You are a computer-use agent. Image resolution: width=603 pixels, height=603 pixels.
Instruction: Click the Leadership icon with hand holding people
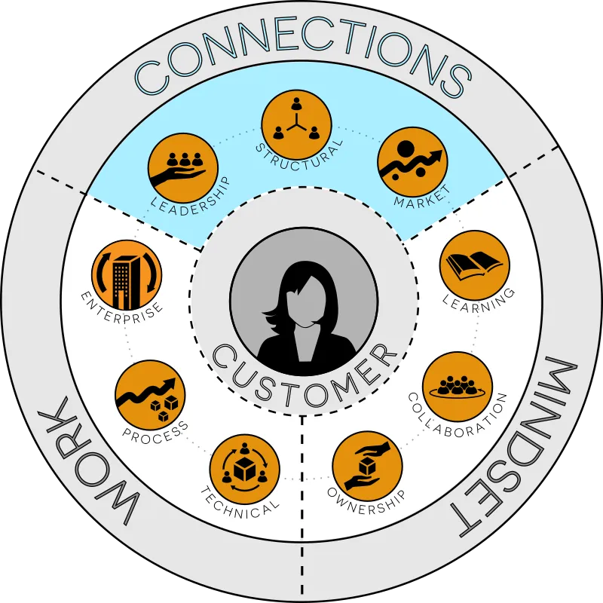click(183, 169)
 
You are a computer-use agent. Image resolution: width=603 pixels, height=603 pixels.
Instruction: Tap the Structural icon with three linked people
click(296, 124)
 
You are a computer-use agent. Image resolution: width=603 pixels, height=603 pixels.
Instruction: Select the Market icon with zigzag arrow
click(412, 162)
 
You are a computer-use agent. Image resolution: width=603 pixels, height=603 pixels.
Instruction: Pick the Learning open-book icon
click(474, 266)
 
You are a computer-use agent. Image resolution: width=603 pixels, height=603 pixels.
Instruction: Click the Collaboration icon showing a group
click(458, 387)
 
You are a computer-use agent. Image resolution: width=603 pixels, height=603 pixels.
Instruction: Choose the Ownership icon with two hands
click(367, 466)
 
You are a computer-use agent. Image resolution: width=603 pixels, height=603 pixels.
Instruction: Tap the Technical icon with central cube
click(244, 469)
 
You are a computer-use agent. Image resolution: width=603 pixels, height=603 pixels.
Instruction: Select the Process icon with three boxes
click(150, 395)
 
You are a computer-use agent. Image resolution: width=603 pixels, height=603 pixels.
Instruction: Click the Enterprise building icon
click(127, 275)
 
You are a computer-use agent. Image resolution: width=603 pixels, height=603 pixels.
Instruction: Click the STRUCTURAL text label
click(299, 157)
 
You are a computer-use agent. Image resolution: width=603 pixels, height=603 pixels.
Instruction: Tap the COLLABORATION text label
click(458, 416)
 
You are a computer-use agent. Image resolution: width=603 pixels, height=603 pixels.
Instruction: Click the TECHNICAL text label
click(240, 503)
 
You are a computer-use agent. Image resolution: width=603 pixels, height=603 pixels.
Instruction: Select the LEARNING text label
click(479, 301)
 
